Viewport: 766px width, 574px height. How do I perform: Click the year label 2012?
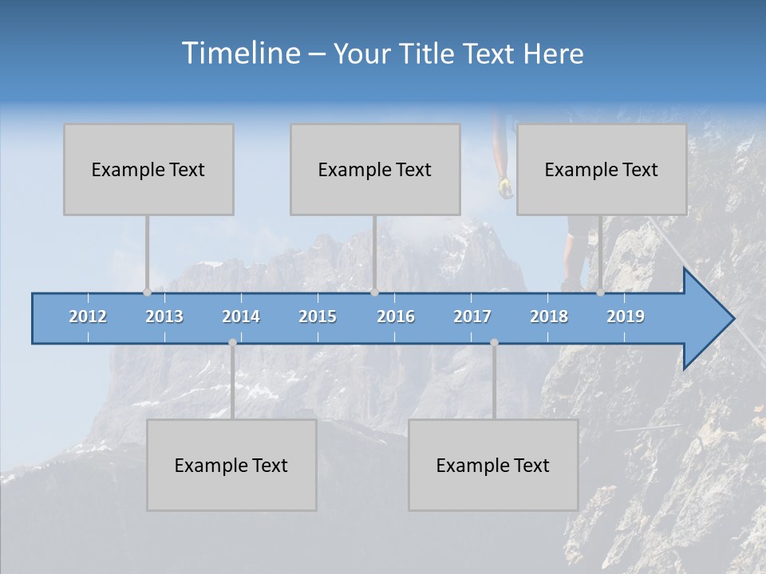88,316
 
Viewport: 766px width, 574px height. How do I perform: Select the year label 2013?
164,316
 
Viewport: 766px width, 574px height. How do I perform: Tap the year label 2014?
241,316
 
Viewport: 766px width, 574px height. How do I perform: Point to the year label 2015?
318,316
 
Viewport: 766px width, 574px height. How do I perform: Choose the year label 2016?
396,316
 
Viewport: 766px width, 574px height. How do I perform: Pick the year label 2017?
472,316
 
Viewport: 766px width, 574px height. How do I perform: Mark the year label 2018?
549,316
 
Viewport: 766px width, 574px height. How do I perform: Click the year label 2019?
626,316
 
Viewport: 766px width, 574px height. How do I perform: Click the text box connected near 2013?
148,169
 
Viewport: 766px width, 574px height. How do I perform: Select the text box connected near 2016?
375,169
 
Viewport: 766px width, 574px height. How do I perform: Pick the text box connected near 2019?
602,169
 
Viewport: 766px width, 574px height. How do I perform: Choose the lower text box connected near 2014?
231,465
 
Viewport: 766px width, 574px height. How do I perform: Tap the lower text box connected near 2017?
493,465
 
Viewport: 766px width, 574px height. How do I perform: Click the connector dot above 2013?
147,292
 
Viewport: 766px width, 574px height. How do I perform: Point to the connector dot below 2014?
232,343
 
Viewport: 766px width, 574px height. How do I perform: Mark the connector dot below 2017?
494,343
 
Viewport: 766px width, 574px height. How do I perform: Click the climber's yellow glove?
504,187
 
